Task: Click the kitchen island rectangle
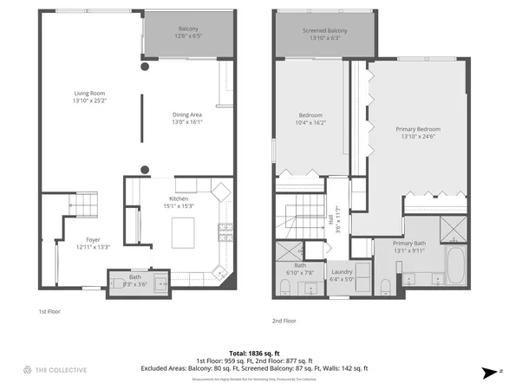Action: (184, 233)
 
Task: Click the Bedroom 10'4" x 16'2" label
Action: (311, 115)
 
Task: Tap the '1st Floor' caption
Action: (49, 310)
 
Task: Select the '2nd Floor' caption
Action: (284, 320)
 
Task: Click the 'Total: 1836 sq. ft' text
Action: (254, 352)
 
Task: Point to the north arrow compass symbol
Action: (493, 371)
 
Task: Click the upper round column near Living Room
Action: (145, 66)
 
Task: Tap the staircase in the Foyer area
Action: (84, 205)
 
